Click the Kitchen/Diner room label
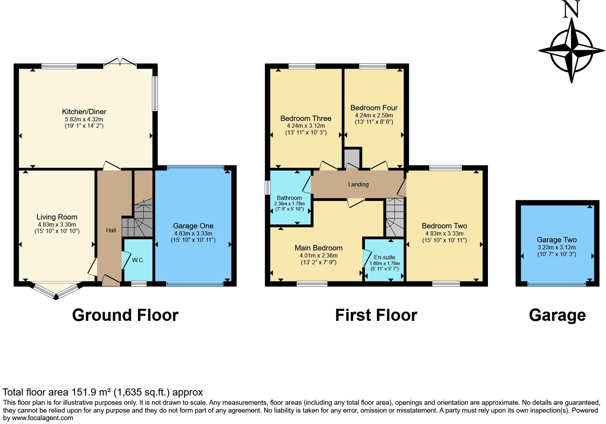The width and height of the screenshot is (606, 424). (84, 112)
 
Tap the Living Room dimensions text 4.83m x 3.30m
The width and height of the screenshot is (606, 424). (57, 225)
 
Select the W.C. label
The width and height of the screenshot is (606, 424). (138, 260)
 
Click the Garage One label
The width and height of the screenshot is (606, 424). (193, 226)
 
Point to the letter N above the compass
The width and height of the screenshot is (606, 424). (572, 10)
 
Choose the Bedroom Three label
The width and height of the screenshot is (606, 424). (305, 118)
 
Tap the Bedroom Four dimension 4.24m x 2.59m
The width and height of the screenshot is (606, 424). (374, 116)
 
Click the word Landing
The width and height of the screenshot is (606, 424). (358, 184)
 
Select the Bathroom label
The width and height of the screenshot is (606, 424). (289, 198)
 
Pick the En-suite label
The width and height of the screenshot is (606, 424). (384, 257)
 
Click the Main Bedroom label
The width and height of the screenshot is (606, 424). (318, 248)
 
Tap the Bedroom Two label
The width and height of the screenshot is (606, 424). (444, 226)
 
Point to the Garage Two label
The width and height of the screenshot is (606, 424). (557, 240)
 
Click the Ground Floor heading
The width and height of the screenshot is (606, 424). (125, 315)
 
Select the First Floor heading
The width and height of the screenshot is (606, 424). (376, 315)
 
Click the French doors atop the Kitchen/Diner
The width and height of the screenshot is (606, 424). (120, 63)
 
